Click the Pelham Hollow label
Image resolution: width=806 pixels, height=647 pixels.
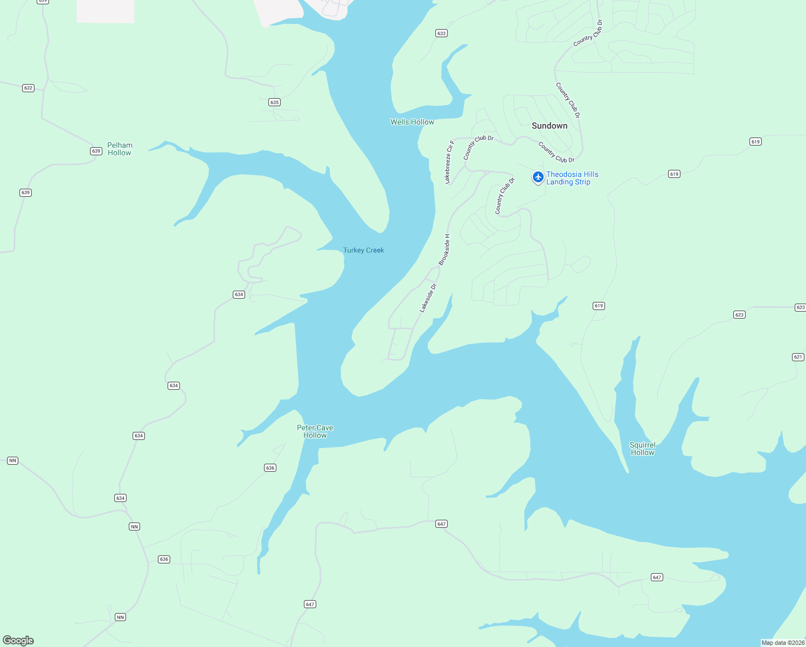120,149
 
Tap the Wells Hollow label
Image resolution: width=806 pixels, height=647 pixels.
412,122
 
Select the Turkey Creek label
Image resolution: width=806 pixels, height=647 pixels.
364,250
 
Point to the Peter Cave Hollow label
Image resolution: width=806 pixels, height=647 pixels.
315,431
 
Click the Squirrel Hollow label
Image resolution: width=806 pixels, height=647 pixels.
642,449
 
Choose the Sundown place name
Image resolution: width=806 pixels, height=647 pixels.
550,126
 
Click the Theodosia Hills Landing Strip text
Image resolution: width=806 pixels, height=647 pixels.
572,178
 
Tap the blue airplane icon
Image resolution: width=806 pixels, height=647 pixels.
538,177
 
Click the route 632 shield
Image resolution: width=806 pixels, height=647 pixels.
28,88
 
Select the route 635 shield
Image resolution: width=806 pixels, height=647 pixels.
274,102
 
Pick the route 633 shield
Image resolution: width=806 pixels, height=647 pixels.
441,33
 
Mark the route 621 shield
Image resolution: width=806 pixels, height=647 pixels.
798,357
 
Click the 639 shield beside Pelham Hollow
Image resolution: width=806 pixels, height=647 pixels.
96,151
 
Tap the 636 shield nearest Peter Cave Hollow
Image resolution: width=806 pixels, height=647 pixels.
270,467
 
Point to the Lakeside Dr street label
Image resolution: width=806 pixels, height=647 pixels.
428,298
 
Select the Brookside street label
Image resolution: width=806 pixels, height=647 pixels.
444,250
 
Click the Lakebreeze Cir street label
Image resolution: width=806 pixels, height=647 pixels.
449,162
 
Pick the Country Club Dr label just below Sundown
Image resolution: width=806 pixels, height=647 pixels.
557,153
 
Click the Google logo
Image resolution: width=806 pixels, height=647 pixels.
18,641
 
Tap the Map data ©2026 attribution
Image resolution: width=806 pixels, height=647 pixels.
783,643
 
